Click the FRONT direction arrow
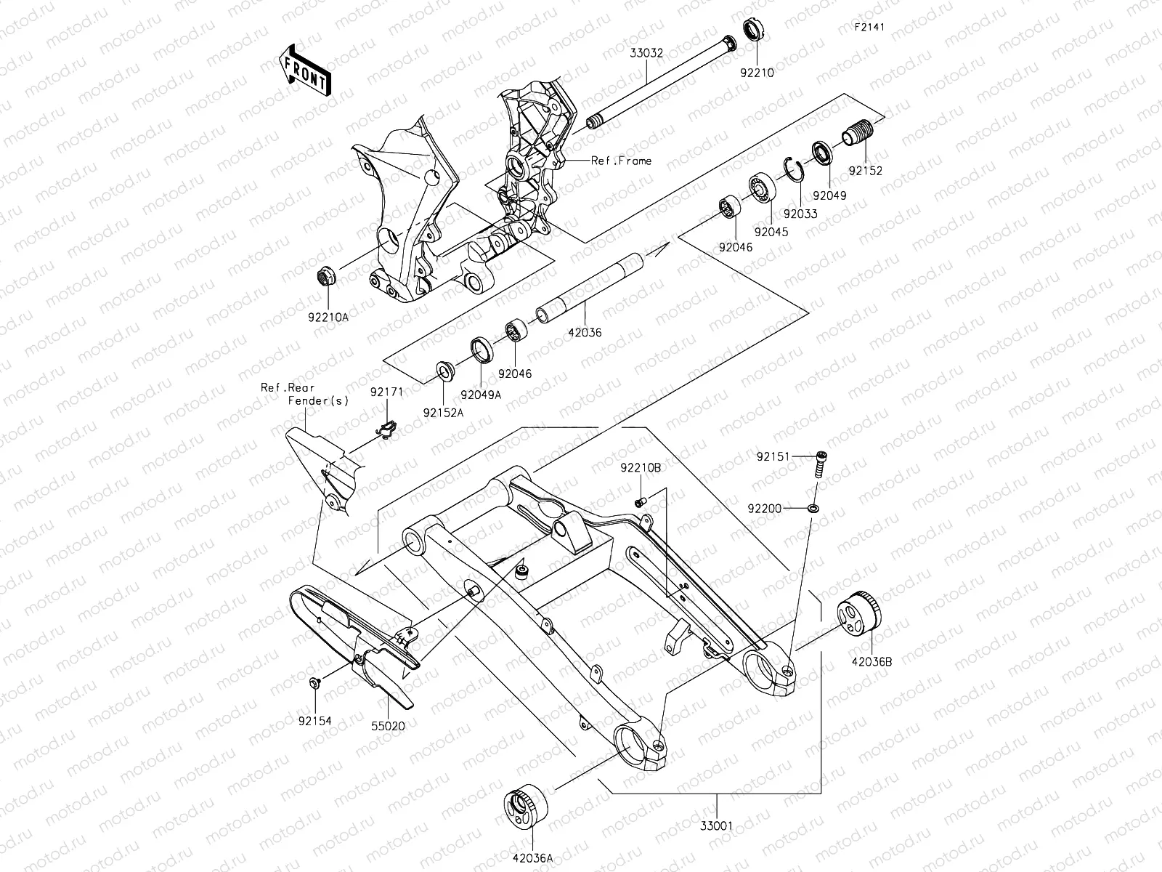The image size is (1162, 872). click(305, 70)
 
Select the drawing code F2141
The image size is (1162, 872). click(869, 27)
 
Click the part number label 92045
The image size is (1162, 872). click(771, 232)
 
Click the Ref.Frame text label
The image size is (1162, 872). click(621, 161)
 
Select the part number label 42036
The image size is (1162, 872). click(585, 333)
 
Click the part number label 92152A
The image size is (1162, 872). click(443, 413)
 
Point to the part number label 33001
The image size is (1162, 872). click(717, 826)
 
